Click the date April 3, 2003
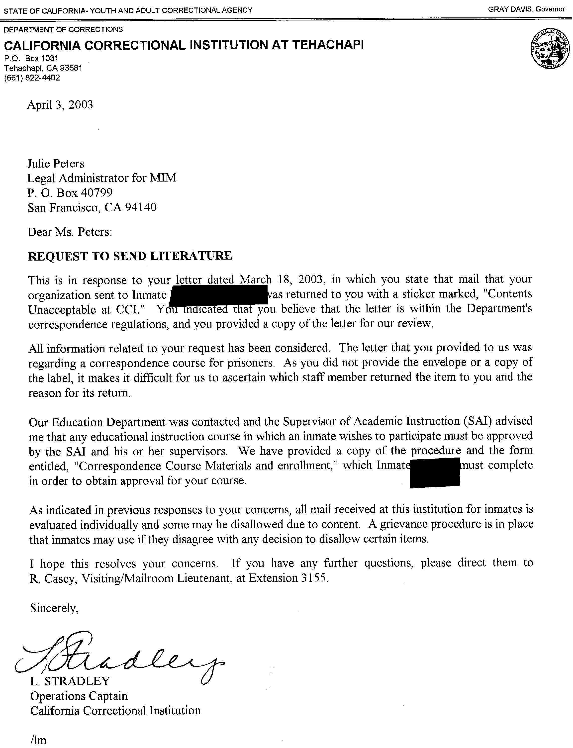point(60,105)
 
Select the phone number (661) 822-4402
point(32,78)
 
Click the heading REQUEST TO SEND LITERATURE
point(130,256)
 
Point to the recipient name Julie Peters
point(56,164)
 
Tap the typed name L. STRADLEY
point(70,681)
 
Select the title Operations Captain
point(79,696)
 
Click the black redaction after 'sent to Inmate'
point(218,295)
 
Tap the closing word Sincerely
point(54,608)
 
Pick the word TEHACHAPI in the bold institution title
point(328,45)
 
